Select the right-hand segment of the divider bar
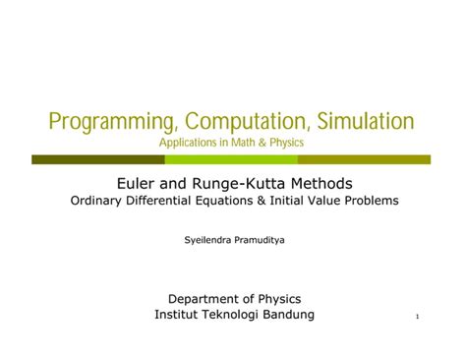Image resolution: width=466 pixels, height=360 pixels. [364, 158]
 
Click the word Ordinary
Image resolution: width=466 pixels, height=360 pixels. [98, 203]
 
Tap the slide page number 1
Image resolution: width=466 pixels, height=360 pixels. [418, 317]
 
